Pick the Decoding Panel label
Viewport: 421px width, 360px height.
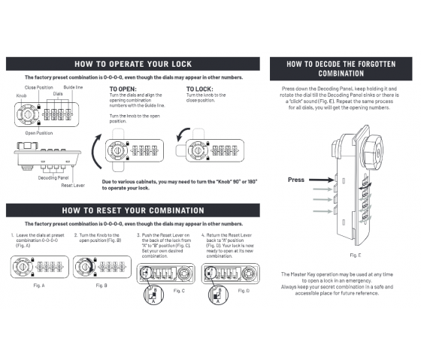click(x=54, y=177)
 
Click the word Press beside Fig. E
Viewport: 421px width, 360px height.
click(x=296, y=180)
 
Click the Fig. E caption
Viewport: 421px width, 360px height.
click(x=349, y=255)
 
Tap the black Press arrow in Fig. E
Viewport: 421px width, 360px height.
click(x=320, y=180)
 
